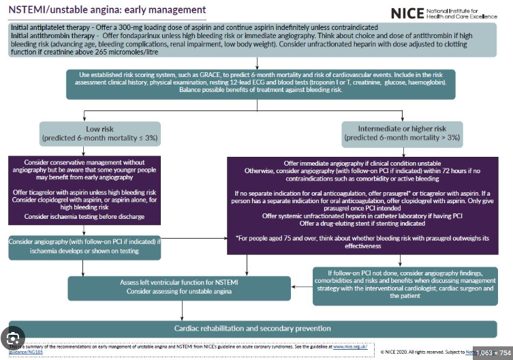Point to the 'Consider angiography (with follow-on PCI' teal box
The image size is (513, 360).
pos(84,246)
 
